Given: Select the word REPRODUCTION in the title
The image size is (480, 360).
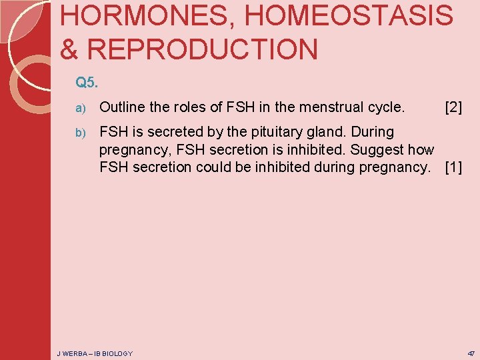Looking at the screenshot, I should coord(203,50).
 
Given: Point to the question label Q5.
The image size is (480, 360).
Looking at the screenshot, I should coord(86,83).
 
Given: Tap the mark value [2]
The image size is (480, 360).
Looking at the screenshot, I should coord(453,107).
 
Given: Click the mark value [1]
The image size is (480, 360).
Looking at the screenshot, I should coord(453,167).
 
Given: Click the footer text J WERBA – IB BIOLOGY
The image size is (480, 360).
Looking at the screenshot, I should coord(95,353).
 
